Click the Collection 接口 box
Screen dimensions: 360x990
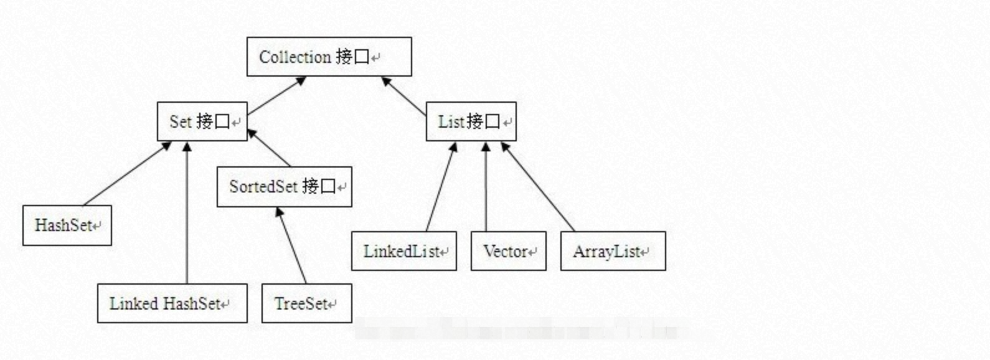coord(329,57)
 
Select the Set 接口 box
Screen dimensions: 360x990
coord(202,121)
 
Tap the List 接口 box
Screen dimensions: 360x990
coord(471,121)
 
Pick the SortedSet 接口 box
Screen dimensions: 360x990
coord(284,186)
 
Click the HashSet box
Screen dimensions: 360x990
coord(67,225)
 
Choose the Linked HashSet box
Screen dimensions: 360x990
coord(172,303)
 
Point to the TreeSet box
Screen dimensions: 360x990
coord(306,303)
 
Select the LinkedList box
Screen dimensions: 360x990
coord(403,251)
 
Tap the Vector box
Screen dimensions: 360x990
coord(508,251)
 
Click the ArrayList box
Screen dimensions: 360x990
coord(613,251)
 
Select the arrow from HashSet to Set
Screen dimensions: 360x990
coord(127,173)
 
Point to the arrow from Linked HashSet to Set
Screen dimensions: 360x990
coord(187,212)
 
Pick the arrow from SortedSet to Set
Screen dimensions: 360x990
coord(269,148)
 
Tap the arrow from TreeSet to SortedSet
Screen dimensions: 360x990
coord(291,245)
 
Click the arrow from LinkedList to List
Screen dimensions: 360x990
coord(441,187)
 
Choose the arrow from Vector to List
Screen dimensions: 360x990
coord(486,187)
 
